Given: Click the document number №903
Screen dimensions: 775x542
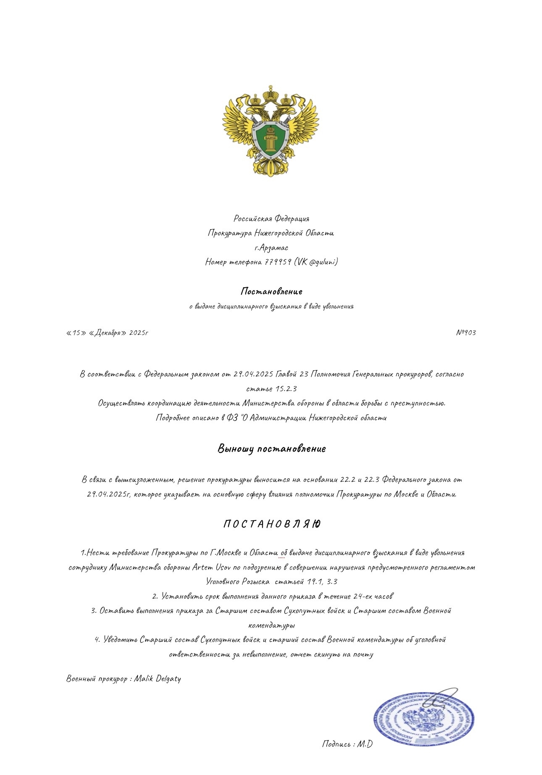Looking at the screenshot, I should (466, 333).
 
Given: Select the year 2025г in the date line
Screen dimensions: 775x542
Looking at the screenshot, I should (139, 333).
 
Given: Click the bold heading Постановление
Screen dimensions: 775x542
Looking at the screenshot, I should (271, 291).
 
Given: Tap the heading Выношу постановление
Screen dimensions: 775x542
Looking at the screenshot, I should (271, 449).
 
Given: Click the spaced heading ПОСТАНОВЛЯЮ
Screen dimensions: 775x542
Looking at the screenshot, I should (271, 524).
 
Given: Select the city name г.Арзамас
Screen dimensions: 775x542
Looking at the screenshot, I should (271, 247).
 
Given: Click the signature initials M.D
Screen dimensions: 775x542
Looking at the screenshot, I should (365, 744).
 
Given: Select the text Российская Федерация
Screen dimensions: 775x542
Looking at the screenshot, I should (271, 218).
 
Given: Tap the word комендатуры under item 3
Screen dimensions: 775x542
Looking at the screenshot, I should (271, 625).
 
